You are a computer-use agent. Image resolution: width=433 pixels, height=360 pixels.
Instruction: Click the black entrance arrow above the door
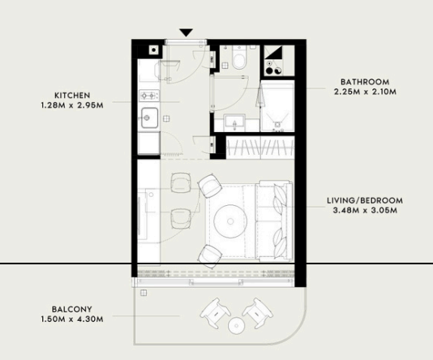point(186,32)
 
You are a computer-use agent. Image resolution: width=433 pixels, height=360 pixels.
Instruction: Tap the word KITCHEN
point(72,96)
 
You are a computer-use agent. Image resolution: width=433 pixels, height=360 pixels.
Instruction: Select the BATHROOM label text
point(365,82)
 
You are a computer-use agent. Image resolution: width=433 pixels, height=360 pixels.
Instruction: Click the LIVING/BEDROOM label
point(365,201)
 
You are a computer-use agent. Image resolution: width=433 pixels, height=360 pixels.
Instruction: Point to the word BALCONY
point(72,309)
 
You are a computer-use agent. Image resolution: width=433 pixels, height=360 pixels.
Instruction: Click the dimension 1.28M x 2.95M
point(72,105)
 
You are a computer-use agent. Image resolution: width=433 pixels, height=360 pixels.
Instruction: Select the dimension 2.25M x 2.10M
point(365,92)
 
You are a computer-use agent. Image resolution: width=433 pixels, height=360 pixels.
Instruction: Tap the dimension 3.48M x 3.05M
point(365,210)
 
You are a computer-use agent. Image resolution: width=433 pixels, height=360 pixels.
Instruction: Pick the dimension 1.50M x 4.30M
point(72,319)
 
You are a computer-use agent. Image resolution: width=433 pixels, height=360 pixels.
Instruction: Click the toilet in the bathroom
point(239,58)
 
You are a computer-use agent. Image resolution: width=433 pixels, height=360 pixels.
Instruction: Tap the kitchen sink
point(150,118)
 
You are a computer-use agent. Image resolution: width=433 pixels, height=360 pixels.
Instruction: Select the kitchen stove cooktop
point(149,96)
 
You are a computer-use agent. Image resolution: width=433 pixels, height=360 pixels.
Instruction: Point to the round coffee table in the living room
point(230,221)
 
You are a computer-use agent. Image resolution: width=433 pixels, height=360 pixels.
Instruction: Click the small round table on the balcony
point(237,326)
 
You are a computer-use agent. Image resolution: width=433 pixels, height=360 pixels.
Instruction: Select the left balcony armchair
point(216,312)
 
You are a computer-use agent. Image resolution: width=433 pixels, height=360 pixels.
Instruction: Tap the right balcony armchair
point(257,313)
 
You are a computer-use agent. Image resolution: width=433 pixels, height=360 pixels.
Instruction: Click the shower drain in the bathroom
point(277,124)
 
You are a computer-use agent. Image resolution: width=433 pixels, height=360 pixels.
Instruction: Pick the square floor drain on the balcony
point(144,293)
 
